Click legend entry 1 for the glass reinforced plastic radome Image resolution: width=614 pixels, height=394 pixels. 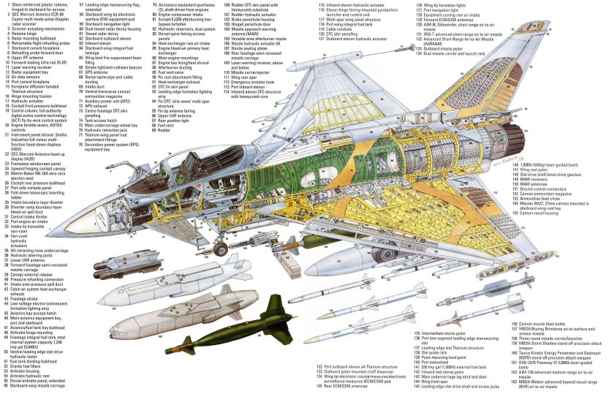[44, 5]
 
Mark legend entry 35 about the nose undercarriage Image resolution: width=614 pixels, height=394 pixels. [44, 249]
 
